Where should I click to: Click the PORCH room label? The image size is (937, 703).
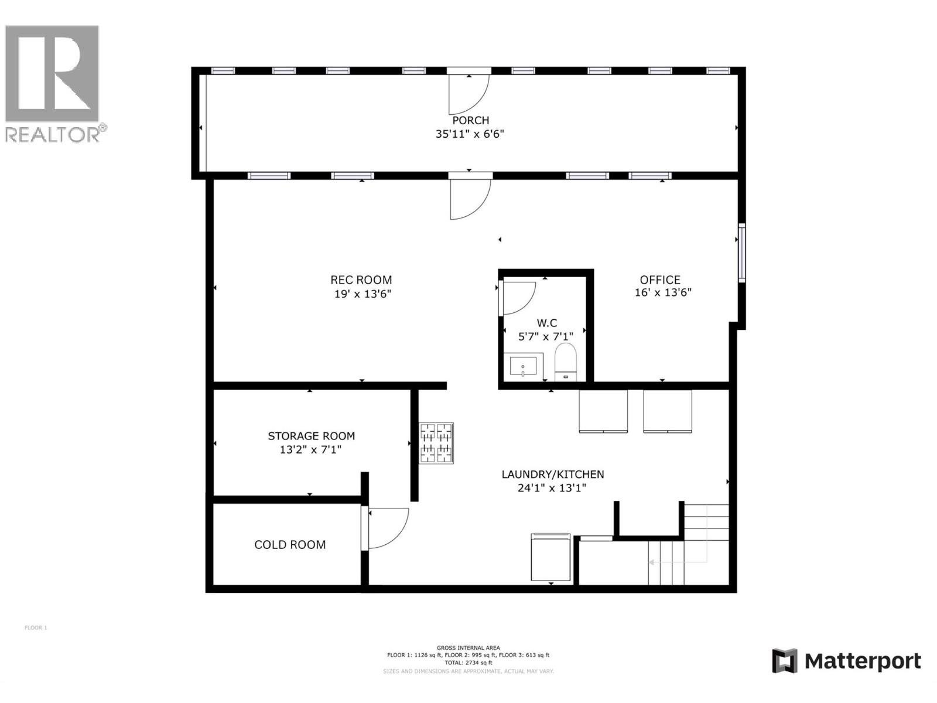[470, 120]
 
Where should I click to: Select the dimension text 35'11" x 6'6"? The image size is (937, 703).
[470, 134]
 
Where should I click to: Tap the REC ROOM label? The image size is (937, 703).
[361, 280]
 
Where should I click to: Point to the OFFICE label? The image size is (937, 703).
[660, 280]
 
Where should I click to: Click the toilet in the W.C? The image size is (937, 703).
[566, 361]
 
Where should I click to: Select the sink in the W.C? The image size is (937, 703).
[523, 367]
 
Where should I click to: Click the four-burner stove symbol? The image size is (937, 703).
[436, 443]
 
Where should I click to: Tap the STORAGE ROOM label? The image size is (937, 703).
[312, 436]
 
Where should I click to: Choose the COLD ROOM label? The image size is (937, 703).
[290, 545]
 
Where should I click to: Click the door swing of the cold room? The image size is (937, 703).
[387, 527]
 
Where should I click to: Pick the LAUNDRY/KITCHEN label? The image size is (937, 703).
[553, 475]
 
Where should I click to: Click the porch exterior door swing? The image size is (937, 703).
[467, 94]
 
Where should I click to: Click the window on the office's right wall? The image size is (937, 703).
[741, 252]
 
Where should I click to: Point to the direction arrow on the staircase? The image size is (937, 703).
[652, 562]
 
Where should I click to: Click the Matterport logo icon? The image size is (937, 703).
[785, 661]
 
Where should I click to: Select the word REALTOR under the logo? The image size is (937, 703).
[51, 134]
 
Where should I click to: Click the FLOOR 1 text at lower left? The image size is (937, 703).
[36, 627]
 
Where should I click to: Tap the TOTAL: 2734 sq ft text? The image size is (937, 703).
[468, 663]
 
